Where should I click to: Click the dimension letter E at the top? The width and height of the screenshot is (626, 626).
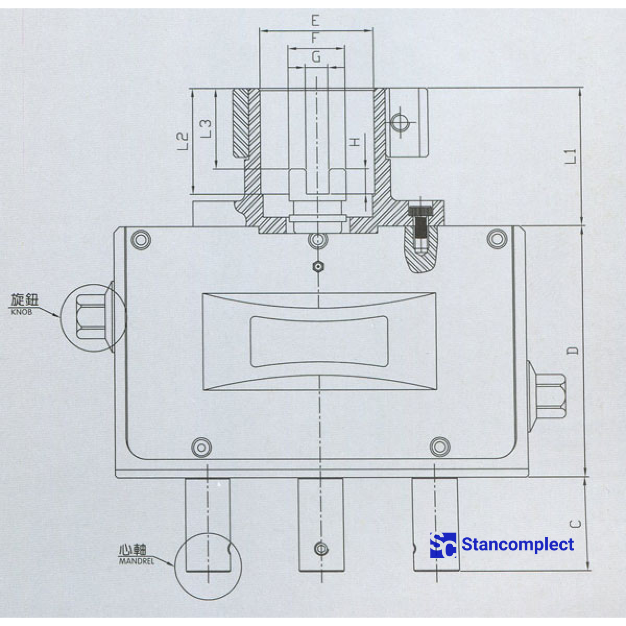(x=315, y=21)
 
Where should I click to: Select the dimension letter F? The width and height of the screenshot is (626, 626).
(x=315, y=39)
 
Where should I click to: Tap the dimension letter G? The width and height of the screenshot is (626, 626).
(x=316, y=57)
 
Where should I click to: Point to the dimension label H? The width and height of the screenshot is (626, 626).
(x=355, y=142)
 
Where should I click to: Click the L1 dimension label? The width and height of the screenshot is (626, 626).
(x=572, y=156)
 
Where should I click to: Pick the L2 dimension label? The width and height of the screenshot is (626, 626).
(x=183, y=141)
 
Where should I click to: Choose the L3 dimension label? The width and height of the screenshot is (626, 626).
(x=207, y=128)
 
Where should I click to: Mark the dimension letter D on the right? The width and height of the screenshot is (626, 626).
(x=573, y=350)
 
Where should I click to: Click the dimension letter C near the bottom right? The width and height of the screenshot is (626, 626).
(x=574, y=524)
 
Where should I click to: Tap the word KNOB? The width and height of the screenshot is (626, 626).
(x=21, y=312)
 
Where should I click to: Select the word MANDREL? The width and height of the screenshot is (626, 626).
(x=137, y=561)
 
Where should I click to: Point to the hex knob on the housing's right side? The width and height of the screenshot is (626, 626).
(x=552, y=395)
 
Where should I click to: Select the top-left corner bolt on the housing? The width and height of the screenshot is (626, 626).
(x=141, y=239)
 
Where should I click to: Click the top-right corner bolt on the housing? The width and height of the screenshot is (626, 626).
(x=497, y=238)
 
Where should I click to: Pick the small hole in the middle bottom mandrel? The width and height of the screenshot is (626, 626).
(x=321, y=549)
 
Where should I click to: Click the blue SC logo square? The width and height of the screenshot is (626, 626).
(x=443, y=545)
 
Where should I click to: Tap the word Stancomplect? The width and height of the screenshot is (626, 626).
(x=517, y=545)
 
